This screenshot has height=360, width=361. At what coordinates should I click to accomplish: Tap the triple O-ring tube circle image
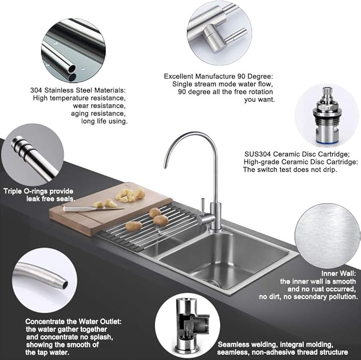pos(32,154)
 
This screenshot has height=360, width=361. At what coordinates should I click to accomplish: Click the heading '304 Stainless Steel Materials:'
pos(77,90)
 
